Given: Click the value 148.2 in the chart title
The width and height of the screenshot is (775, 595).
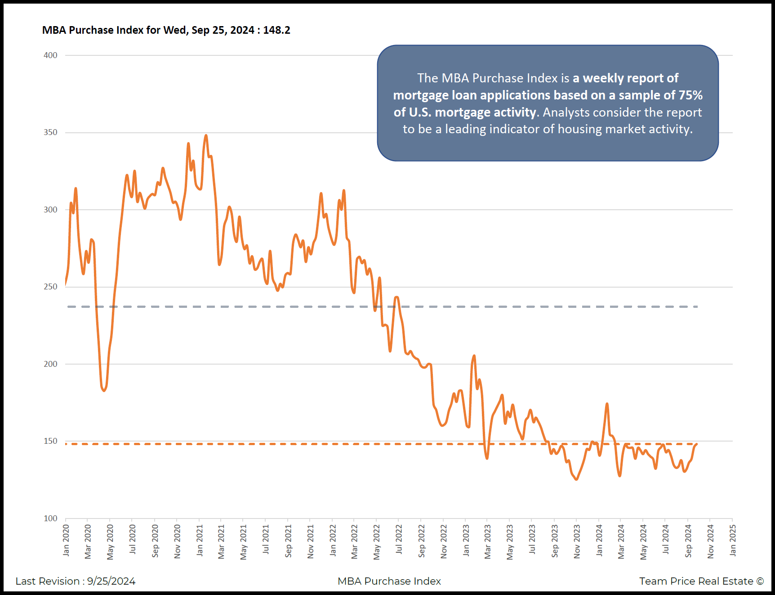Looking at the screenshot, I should [x=276, y=30].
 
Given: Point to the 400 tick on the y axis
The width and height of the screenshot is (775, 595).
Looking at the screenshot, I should [x=50, y=55].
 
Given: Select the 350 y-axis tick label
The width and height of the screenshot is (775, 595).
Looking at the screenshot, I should [x=50, y=132].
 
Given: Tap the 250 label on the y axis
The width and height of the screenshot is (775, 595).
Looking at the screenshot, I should [x=50, y=287].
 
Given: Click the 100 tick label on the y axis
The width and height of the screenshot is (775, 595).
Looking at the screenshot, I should [x=50, y=518].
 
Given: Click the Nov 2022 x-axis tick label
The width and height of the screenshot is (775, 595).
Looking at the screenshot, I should [x=444, y=541].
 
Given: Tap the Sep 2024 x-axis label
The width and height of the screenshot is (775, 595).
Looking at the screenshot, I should [x=688, y=541].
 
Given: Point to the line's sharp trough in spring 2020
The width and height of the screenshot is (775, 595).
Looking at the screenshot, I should [x=104, y=390].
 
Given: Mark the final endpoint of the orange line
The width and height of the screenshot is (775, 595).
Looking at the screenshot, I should [x=696, y=444].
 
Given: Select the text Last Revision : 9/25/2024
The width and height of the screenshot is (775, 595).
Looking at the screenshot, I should [x=76, y=581].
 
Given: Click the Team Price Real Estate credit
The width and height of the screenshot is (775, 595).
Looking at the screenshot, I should [x=701, y=581].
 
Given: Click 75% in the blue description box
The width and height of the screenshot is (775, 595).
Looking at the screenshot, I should [x=690, y=95].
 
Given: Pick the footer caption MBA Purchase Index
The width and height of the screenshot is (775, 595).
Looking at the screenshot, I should [x=389, y=581].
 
